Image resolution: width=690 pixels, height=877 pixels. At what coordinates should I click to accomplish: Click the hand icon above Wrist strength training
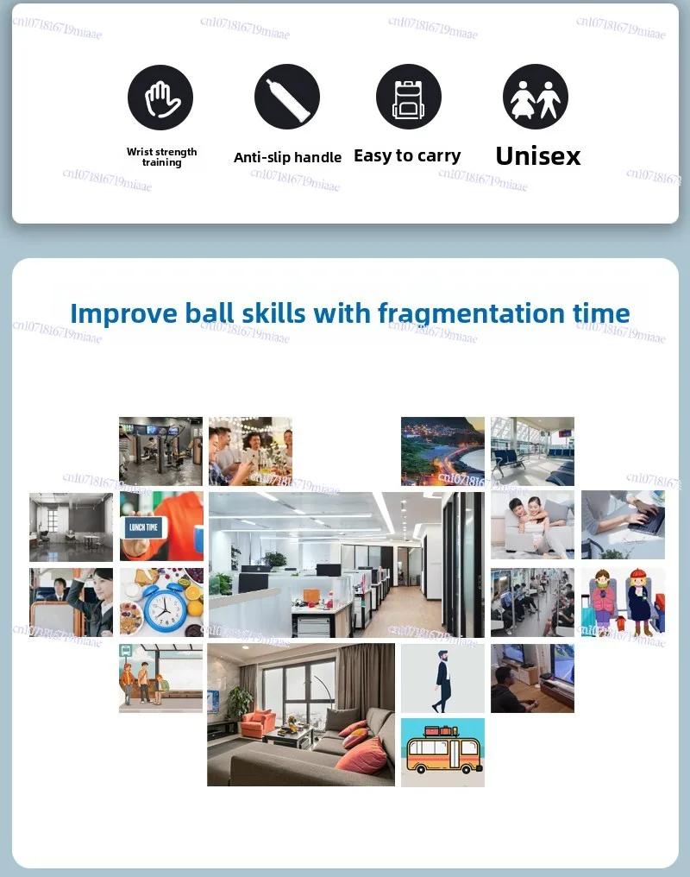coord(160,98)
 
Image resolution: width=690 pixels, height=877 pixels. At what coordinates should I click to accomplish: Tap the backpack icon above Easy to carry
coord(409,97)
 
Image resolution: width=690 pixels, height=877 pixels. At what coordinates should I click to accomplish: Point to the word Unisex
coord(538,156)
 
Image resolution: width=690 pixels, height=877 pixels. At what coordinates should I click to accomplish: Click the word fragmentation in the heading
coord(472,313)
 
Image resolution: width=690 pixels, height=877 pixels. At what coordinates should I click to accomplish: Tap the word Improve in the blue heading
coord(123,314)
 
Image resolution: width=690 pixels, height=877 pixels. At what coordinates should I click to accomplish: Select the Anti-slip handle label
coord(287,158)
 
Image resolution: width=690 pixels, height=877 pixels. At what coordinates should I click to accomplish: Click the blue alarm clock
coord(166,607)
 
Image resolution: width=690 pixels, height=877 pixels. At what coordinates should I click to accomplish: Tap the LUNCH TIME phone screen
coord(143,527)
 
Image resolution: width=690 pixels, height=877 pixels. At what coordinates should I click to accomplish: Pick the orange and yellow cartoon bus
coord(443,750)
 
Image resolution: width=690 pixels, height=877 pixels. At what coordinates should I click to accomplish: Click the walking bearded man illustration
coord(442,681)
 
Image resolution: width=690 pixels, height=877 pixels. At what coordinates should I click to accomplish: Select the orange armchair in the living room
coord(257,723)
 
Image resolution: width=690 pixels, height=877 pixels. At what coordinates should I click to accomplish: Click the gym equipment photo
coord(161,451)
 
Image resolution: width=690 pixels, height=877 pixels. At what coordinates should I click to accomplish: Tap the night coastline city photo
coord(443,451)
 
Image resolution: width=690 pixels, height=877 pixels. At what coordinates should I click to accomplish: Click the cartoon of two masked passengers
coord(623,602)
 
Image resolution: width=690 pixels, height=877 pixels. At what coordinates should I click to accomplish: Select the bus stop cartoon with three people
coord(161,678)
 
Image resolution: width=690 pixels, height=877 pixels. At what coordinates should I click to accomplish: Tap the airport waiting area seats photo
coord(532,451)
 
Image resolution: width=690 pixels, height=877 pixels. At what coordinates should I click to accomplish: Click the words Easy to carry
coord(407,156)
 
